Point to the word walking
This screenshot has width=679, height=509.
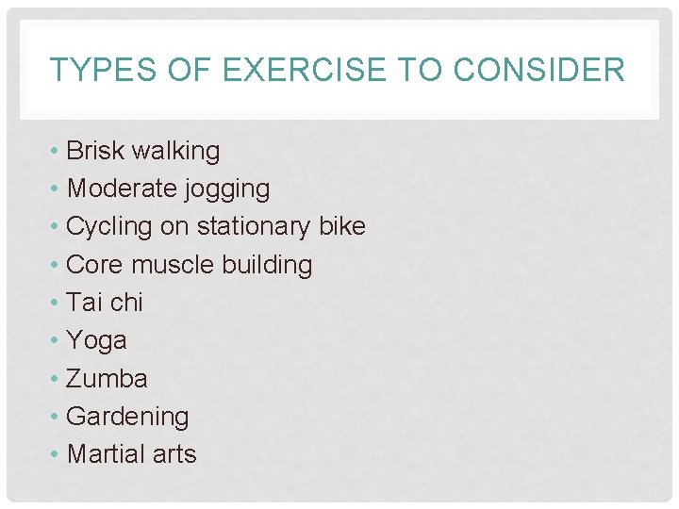[x=176, y=151]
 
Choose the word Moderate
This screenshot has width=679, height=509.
[x=118, y=189]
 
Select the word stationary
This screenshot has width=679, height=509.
[x=248, y=227]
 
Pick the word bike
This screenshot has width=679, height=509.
[x=342, y=226]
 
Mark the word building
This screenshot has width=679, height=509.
[x=268, y=265]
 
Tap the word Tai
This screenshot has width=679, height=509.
[x=84, y=303]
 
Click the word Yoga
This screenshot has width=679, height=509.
[x=96, y=341]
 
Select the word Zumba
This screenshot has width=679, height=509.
[x=108, y=378]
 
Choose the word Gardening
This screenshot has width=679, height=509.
[x=127, y=417]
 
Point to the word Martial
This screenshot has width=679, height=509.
[x=107, y=453]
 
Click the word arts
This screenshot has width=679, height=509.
[x=174, y=454]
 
